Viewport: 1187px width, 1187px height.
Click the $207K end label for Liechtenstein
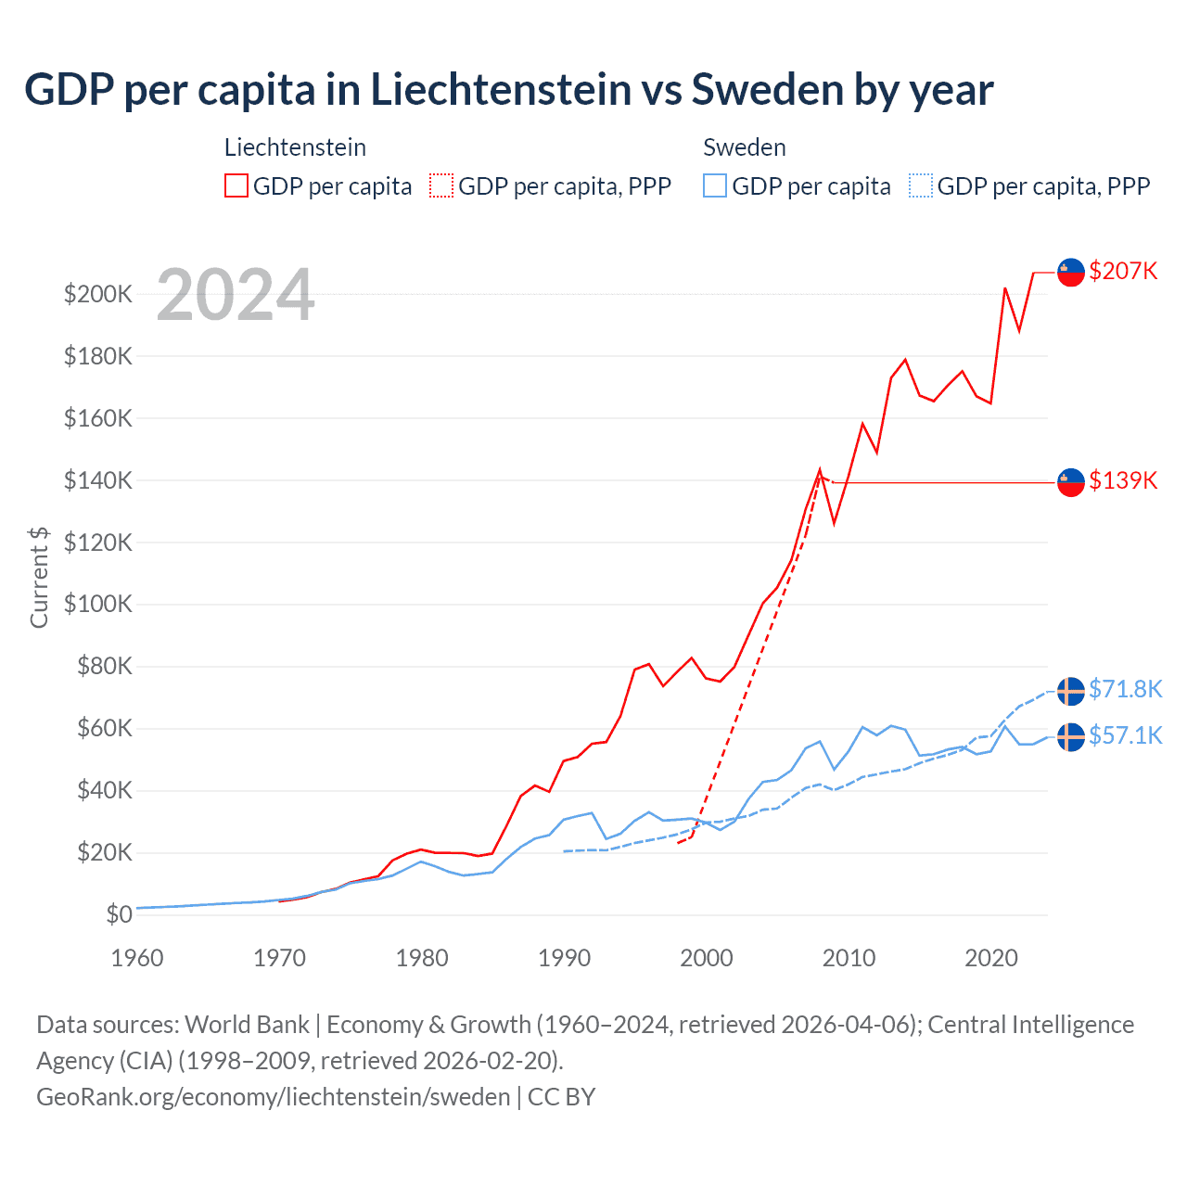coord(1123,271)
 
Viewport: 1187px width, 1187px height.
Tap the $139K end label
coord(1123,480)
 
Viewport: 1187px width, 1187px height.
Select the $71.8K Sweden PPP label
coord(1125,689)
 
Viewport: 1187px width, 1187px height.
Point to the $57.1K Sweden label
coord(1125,735)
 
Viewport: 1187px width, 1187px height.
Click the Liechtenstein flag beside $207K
coord(1071,272)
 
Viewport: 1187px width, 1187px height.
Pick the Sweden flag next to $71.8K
coord(1071,691)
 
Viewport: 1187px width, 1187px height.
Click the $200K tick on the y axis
coord(98,294)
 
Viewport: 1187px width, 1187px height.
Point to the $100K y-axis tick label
coord(98,604)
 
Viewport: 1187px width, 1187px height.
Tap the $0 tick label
coord(119,914)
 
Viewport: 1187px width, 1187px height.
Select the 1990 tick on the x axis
coord(564,958)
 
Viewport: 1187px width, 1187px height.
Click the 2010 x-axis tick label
coord(849,958)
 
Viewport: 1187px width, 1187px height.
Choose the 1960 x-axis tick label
coord(137,958)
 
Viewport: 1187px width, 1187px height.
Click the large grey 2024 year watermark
coord(236,295)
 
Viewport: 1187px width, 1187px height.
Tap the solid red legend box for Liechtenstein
coord(236,186)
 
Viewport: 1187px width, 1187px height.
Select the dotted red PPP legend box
coord(441,186)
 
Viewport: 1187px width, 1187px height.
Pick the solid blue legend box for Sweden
coord(715,186)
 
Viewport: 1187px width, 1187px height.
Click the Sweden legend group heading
coord(745,147)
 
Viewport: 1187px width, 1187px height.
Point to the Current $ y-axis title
coord(39,577)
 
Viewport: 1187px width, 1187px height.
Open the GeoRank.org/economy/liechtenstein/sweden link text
coord(273,1097)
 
